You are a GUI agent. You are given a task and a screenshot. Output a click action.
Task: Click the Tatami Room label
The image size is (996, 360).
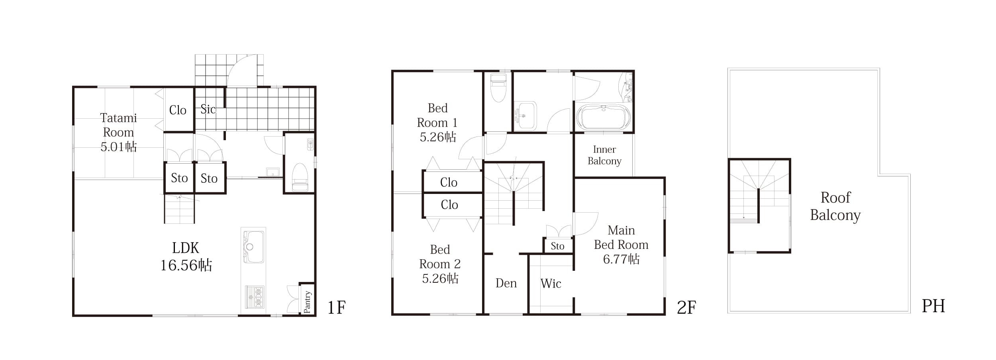tap(118, 132)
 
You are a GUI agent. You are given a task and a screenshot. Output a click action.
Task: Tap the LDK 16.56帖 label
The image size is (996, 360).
tap(186, 256)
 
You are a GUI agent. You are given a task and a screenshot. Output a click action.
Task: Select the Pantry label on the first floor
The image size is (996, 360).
tap(307, 301)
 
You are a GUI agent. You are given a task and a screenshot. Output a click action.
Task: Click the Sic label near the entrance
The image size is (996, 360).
tap(208, 109)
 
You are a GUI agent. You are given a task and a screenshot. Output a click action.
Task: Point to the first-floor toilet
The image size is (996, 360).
tap(300, 177)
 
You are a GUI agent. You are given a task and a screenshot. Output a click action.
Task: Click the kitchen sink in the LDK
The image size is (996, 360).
tap(253, 247)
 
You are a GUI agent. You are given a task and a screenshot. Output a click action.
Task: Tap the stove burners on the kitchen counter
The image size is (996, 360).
tap(255, 297)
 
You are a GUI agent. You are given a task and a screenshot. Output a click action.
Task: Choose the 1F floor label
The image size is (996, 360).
tap(337, 307)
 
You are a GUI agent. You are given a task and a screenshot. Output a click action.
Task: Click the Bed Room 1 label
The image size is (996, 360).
tap(437, 123)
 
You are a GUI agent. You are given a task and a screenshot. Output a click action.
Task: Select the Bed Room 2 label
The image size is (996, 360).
tap(440, 264)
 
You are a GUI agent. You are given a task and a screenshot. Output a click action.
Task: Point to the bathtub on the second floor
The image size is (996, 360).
tap(604, 117)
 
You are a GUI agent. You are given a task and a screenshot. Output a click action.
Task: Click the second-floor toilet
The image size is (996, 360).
tap(498, 88)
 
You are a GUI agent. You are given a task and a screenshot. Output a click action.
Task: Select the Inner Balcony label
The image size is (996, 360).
tap(604, 155)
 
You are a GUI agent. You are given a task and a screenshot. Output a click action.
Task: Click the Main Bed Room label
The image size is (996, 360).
tap(621, 245)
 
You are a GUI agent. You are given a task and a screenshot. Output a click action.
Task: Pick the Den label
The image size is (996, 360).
tap(506, 283)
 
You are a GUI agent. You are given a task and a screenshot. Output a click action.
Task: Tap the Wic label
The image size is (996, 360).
tap(551, 284)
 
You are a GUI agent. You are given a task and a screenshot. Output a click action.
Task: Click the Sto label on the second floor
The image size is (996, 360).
tap(557, 246)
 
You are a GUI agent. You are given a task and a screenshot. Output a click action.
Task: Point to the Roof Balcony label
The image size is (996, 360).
tap(835, 206)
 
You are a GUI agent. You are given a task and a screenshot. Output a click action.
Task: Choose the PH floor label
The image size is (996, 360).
tap(933, 306)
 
